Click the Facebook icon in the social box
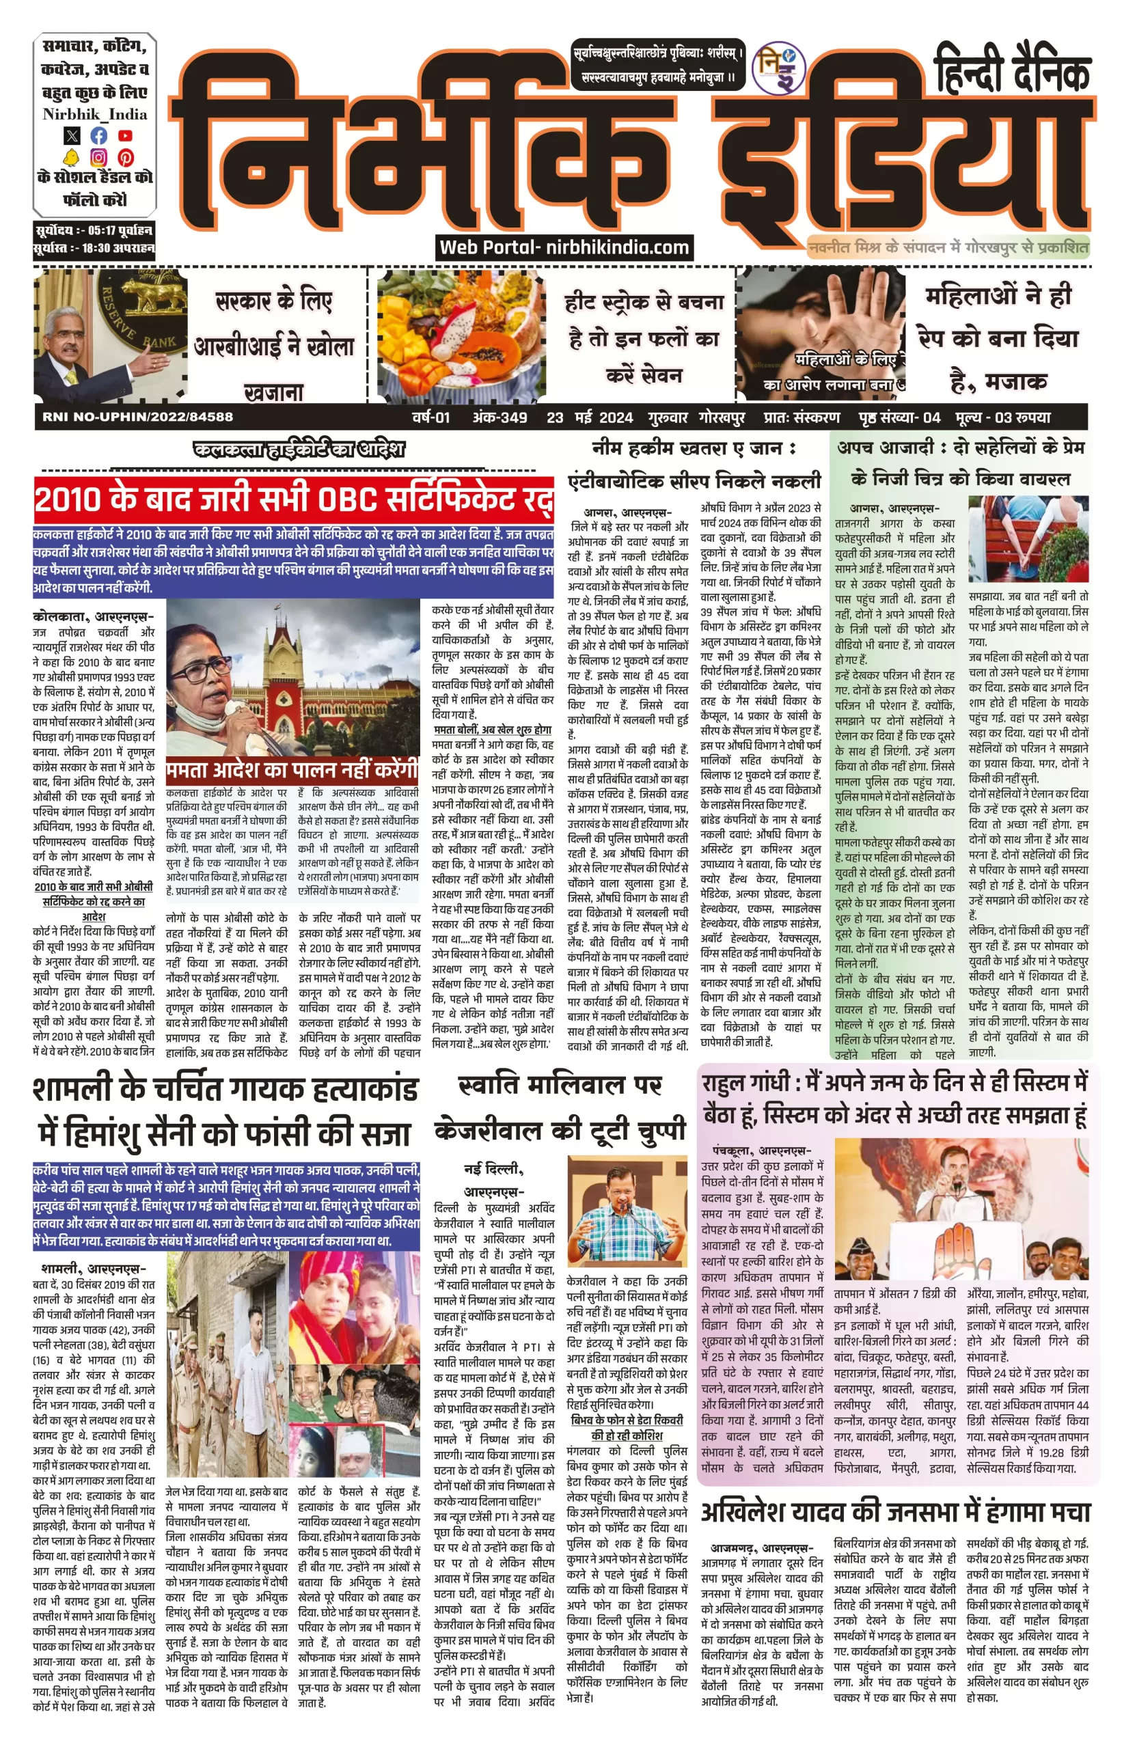(x=98, y=135)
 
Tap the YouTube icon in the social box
(x=125, y=135)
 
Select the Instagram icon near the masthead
(x=98, y=157)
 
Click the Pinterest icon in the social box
(x=125, y=157)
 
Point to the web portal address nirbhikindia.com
(x=564, y=247)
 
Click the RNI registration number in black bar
(x=138, y=417)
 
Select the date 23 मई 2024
(x=590, y=417)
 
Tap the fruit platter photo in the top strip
(x=461, y=336)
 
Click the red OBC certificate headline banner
(x=293, y=500)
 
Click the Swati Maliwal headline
(x=560, y=1108)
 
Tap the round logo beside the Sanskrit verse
(x=778, y=68)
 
